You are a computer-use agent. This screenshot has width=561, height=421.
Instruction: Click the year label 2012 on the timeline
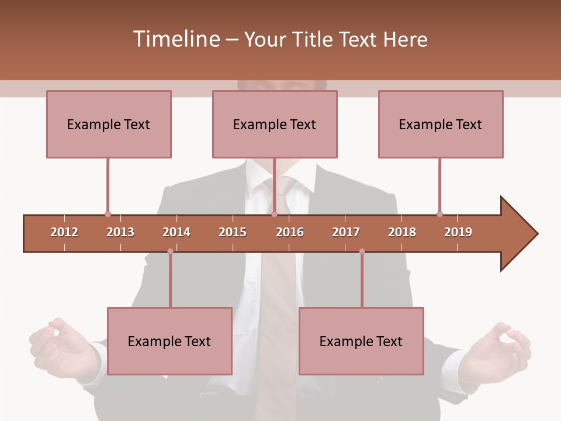(x=64, y=232)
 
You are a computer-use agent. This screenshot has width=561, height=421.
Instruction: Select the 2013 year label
(x=120, y=232)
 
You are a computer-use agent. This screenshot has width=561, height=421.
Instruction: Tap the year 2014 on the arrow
(x=176, y=232)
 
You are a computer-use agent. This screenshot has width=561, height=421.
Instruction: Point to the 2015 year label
(x=233, y=232)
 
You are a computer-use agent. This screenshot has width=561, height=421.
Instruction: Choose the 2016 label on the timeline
(x=290, y=232)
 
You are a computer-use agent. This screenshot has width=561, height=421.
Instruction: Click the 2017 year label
(x=346, y=232)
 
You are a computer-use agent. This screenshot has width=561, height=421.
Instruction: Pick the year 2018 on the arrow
(x=402, y=232)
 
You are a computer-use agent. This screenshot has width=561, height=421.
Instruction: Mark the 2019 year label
(x=458, y=232)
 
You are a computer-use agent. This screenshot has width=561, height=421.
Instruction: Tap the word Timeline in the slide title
(x=175, y=39)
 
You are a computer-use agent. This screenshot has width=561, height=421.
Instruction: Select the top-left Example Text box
(x=109, y=124)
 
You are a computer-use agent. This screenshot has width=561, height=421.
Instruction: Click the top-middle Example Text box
(x=275, y=124)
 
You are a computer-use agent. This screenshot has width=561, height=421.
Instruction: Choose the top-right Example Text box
(x=441, y=124)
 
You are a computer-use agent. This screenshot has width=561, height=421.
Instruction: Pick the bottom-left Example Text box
(x=169, y=341)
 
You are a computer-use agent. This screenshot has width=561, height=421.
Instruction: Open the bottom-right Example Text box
(x=361, y=341)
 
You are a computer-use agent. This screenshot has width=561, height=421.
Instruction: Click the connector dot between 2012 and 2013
(x=108, y=215)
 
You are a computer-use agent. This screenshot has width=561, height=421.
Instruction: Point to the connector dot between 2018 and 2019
(x=439, y=215)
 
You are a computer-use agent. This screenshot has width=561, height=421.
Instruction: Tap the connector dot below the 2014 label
(x=170, y=251)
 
